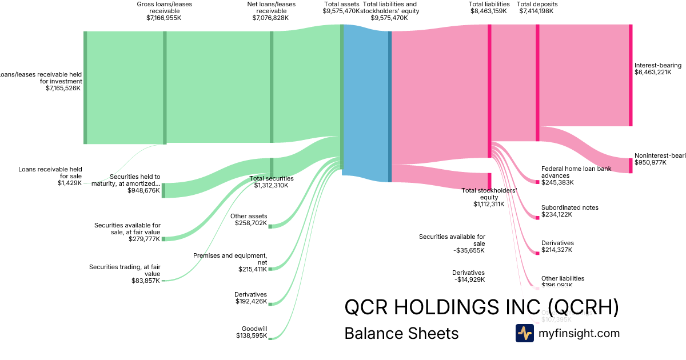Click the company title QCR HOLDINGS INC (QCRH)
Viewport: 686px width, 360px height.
(481, 307)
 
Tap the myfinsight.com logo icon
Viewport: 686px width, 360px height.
(524, 333)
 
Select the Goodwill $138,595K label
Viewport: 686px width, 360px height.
(252, 332)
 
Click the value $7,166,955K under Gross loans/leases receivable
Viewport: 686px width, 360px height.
(164, 18)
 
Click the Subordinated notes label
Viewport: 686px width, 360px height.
(569, 207)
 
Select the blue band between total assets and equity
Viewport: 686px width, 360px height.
(366, 103)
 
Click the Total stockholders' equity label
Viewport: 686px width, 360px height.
(489, 197)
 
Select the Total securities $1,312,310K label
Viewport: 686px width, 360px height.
(271, 182)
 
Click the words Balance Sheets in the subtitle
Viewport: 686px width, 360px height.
(401, 334)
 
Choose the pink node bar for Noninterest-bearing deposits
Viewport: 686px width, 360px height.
(631, 165)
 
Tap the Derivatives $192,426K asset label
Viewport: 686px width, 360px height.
(250, 298)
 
